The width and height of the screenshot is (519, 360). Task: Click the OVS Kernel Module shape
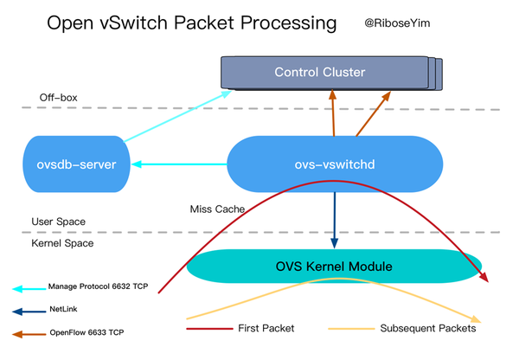pyautogui.click(x=333, y=266)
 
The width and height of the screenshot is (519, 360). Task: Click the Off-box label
pyautogui.click(x=59, y=97)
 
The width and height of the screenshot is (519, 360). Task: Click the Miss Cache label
pyautogui.click(x=216, y=209)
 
